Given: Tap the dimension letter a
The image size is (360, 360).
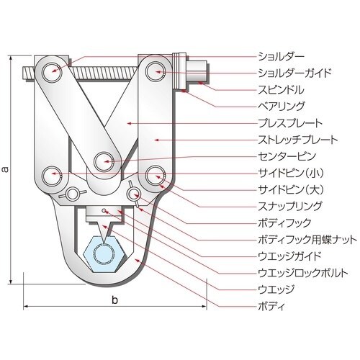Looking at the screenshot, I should click(x=6, y=170).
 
